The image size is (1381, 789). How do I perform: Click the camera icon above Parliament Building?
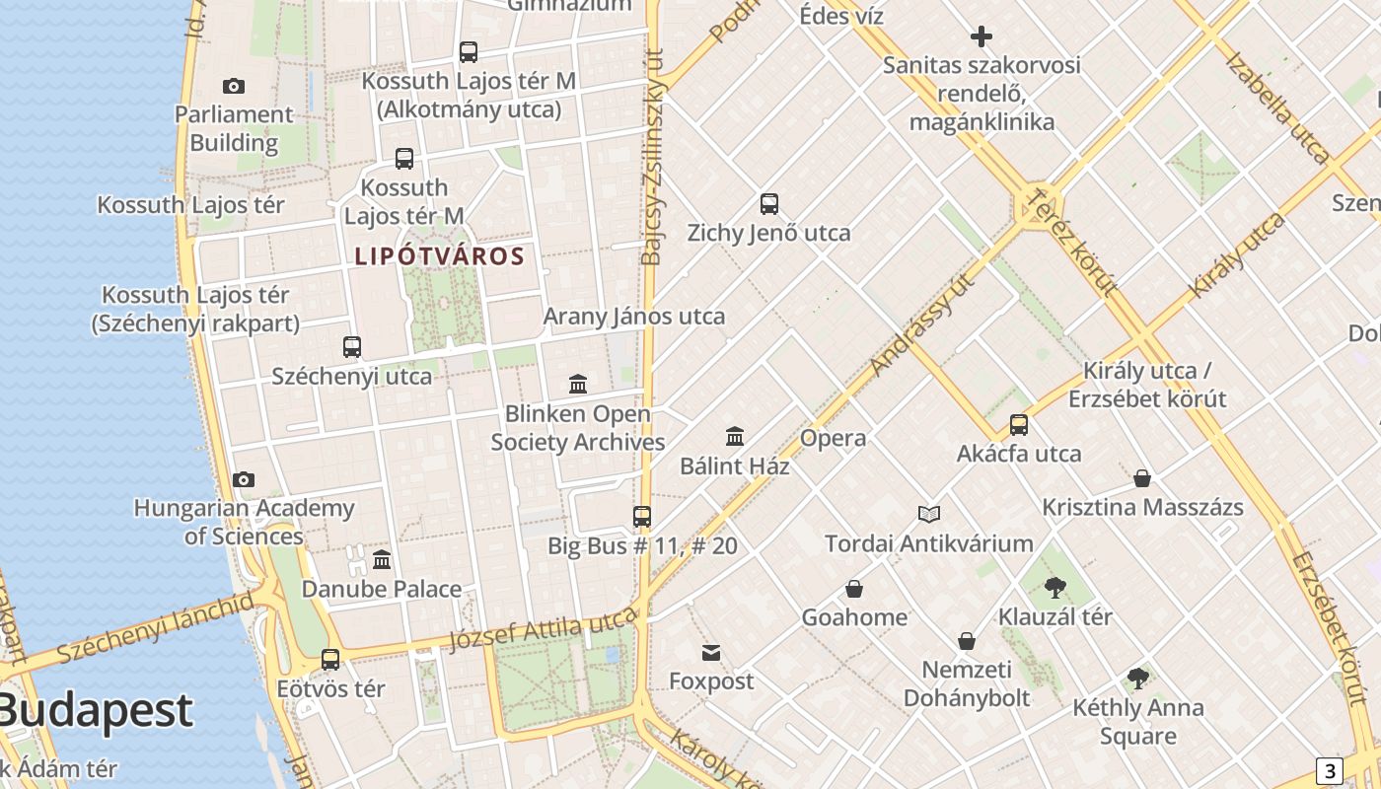234,87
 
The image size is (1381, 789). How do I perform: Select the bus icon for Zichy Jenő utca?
769,204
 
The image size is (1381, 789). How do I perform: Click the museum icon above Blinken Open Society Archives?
578,384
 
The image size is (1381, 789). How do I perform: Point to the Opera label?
834,438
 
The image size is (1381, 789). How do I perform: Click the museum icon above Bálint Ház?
735,436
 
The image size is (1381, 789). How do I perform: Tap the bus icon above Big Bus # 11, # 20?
642,516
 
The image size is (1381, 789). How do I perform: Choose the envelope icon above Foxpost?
711,653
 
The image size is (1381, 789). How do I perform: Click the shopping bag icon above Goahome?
854,589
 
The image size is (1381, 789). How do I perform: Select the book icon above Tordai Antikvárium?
929,514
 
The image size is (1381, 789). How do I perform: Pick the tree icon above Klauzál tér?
1055,588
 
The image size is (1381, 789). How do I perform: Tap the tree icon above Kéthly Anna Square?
1138,679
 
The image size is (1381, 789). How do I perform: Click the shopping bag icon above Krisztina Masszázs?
1142,478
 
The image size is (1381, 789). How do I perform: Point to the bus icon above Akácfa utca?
1019,425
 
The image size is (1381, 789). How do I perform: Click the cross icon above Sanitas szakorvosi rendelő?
981,37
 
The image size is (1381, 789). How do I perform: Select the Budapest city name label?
96,710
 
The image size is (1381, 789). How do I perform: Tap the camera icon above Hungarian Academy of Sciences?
244,480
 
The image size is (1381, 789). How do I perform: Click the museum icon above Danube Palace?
382,560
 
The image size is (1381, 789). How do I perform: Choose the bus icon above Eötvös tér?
330,660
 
